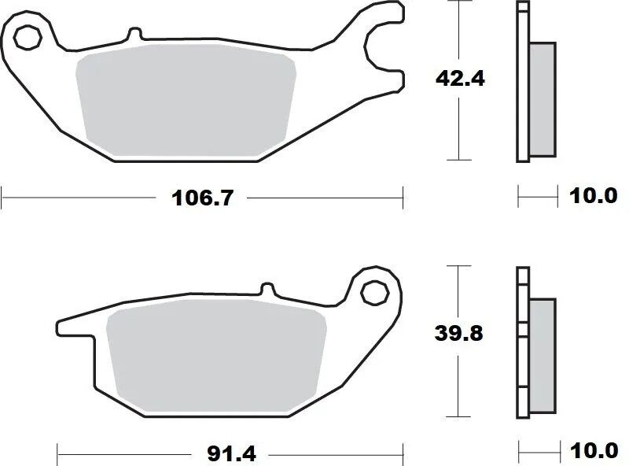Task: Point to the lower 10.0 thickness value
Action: coord(594,453)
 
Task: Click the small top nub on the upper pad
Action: coord(134,35)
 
